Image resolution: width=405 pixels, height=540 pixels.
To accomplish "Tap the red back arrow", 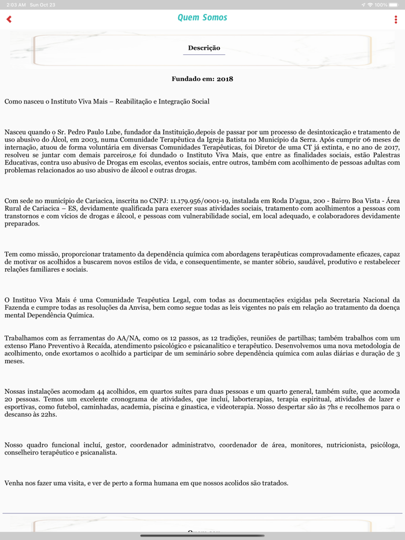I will tap(9, 19).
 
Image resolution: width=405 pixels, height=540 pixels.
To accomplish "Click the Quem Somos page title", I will tap(203, 18).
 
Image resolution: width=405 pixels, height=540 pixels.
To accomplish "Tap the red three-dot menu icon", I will tap(396, 20).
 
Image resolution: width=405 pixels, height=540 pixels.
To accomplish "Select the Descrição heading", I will tap(204, 48).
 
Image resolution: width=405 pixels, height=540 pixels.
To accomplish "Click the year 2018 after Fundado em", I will tap(225, 79).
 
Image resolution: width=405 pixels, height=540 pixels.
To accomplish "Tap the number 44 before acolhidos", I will tap(89, 391).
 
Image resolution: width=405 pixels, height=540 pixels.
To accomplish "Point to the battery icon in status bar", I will tap(396, 5).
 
